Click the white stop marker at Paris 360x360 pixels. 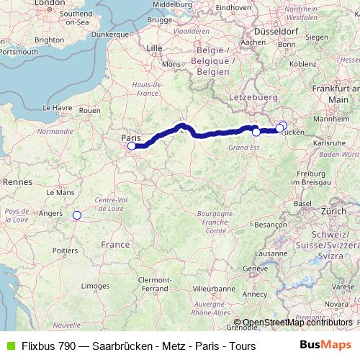[x=131, y=146]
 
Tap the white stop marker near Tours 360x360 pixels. [x=76, y=214]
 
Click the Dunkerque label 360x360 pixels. [x=109, y=33]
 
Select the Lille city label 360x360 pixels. [x=154, y=48]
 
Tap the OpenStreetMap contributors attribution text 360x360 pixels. [x=297, y=323]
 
